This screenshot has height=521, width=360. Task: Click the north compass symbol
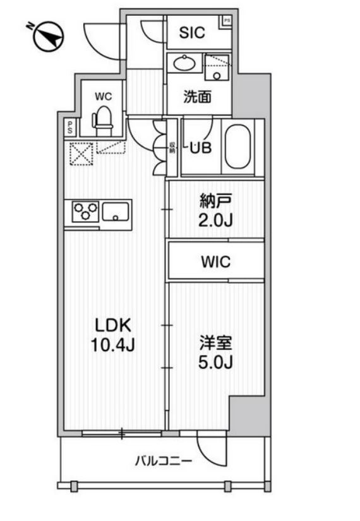coord(47,36)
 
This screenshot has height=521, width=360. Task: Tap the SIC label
coord(191,33)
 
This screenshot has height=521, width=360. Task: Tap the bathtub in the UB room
coord(238,147)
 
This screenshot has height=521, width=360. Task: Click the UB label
coord(201,148)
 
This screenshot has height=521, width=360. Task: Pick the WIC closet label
coord(216,261)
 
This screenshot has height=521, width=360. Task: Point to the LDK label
coord(112,325)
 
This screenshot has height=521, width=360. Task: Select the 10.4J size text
coord(112,345)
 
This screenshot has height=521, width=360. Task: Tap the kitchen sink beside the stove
coord(117,211)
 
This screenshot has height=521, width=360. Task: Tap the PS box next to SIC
coord(225,21)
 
